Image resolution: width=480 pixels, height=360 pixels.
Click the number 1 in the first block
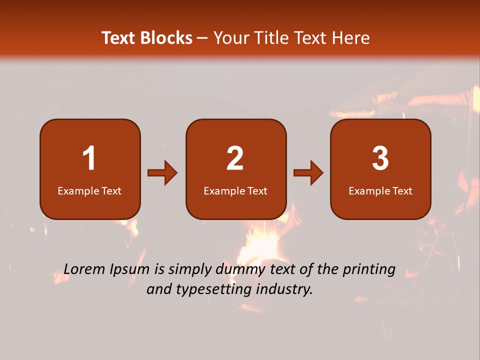point(89,158)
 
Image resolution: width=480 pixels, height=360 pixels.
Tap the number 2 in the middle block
point(235,158)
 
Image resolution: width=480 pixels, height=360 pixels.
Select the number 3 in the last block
point(380,158)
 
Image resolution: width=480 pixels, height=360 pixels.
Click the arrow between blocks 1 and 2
point(162,173)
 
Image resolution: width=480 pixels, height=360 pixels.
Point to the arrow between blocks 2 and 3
point(308,173)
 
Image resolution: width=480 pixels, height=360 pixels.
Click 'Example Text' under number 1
point(89,191)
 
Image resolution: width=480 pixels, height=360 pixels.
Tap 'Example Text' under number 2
point(235,191)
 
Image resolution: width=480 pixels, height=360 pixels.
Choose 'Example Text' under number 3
point(380,191)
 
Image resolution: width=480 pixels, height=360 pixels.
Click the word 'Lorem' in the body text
point(85,269)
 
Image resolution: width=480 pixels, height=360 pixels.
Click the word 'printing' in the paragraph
point(368,270)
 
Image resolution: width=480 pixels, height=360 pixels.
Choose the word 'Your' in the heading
point(231,38)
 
